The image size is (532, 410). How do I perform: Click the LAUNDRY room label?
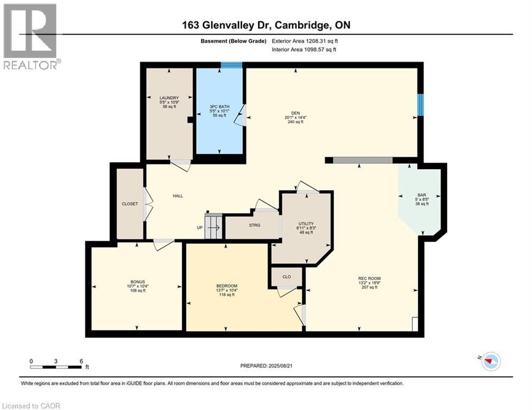pos(169,98)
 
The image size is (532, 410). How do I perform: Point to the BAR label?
pos(422,195)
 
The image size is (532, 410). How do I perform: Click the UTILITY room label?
pos(306,224)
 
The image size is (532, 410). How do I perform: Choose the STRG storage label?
pos(255,225)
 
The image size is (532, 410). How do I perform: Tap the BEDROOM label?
pos(226,286)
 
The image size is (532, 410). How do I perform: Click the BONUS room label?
pos(137,282)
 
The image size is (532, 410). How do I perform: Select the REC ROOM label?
pos(369,278)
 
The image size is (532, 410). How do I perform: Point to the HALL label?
pos(178,196)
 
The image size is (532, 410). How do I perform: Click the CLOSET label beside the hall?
pos(130,204)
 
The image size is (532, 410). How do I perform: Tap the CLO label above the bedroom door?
pos(286,277)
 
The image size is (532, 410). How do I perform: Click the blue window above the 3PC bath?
pos(232,65)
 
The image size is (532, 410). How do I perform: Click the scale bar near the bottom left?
pos(56,367)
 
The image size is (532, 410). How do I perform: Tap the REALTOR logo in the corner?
pos(30,36)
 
